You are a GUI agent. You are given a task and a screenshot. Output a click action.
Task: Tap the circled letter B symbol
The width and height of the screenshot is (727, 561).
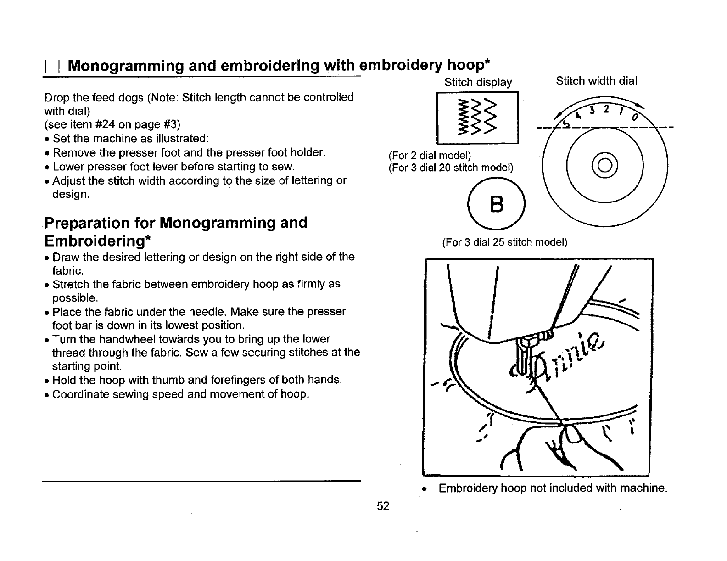[497, 205]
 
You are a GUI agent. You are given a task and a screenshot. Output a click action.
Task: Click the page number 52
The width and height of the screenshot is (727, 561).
[383, 506]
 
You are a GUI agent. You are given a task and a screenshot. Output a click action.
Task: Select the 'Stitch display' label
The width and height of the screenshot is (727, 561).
[478, 83]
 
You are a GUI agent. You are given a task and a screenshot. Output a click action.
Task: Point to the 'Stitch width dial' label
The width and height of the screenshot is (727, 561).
[596, 81]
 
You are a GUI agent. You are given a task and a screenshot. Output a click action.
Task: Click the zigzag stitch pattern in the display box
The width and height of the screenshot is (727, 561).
[477, 118]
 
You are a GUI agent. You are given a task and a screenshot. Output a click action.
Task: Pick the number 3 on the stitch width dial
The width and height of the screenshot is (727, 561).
[593, 111]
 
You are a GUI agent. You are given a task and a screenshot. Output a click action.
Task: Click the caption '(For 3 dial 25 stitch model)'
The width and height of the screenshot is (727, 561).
[504, 242]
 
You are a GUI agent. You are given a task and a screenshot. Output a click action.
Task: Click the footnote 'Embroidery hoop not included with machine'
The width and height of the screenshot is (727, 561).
[552, 488]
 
